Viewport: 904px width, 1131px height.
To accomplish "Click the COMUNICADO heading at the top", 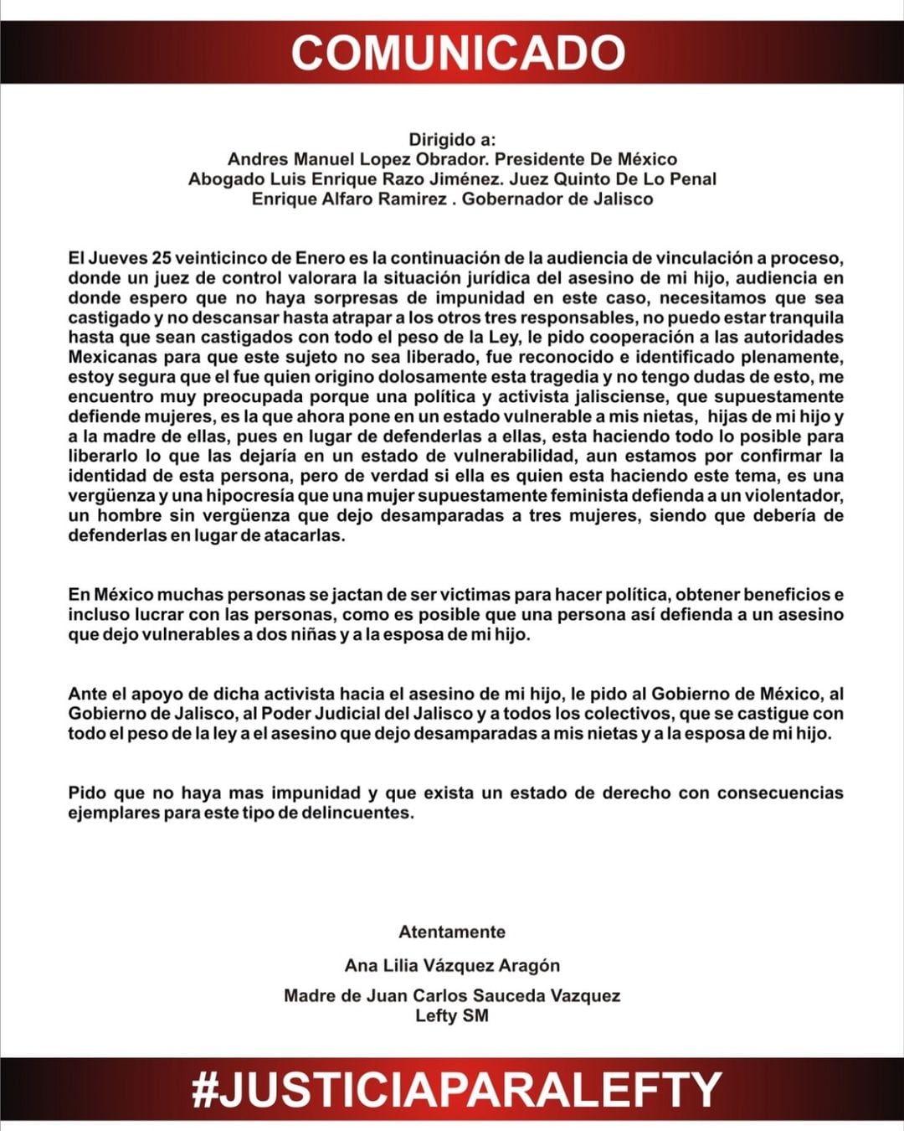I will [458, 52].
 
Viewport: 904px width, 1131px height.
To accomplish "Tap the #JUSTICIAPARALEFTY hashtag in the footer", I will [455, 1089].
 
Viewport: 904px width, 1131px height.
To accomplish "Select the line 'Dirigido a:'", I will [452, 139].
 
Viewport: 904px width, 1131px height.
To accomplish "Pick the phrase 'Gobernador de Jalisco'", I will [557, 199].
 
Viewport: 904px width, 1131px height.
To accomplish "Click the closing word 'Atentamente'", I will [452, 932].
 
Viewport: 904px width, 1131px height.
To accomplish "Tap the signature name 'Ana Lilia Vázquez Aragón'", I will [452, 965].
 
